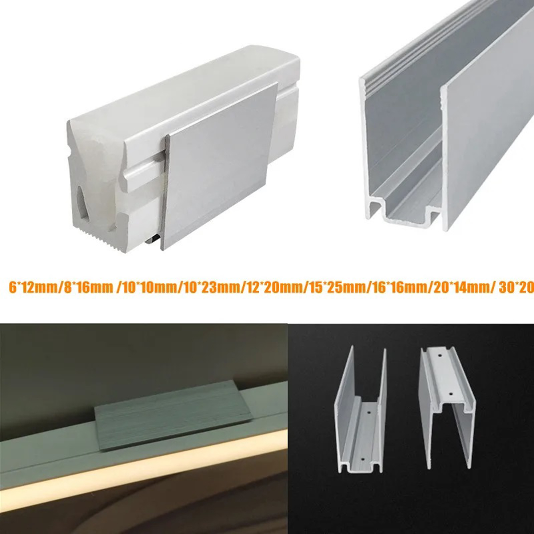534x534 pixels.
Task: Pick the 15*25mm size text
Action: tap(335, 288)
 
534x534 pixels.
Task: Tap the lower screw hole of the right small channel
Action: tap(450, 394)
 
